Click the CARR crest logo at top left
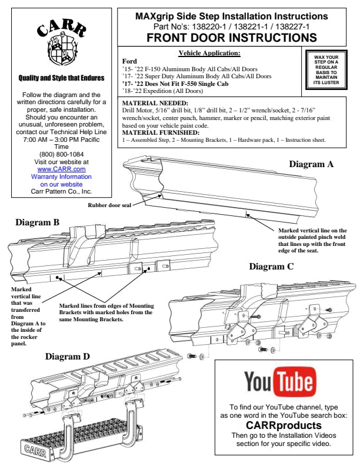(x=61, y=45)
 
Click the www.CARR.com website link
(x=61, y=169)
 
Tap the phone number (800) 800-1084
(x=61, y=155)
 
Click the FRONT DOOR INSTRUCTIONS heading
(x=231, y=38)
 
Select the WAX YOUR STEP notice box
(x=326, y=70)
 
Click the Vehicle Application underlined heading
(x=209, y=54)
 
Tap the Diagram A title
(x=311, y=164)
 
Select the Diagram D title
(x=68, y=356)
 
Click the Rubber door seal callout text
(x=109, y=205)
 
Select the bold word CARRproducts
(x=275, y=424)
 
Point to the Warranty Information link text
(x=61, y=176)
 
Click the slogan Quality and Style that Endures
(x=61, y=78)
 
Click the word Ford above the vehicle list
(x=129, y=61)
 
